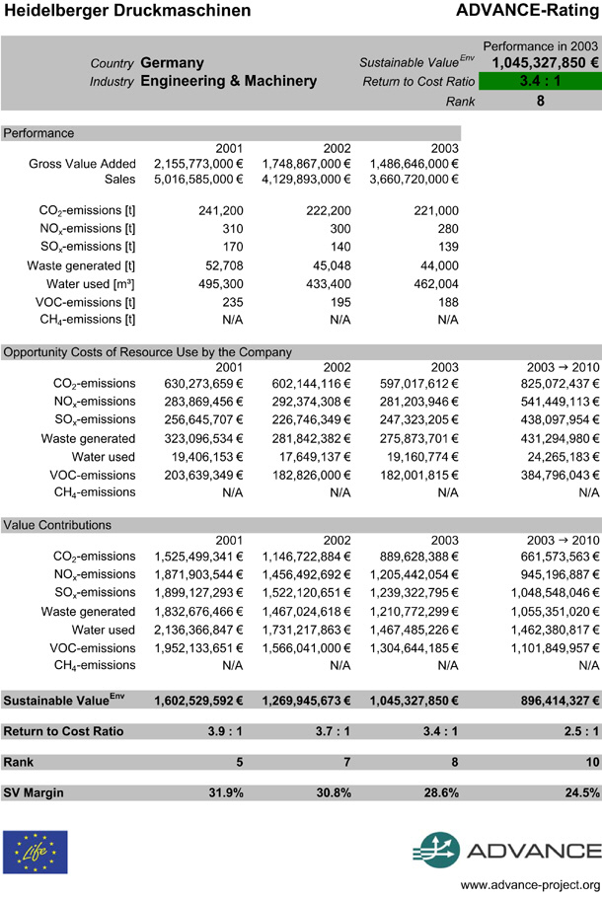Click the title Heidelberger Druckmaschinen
pyautogui.click(x=126, y=11)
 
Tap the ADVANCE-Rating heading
pyautogui.click(x=529, y=11)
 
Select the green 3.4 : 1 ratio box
pyautogui.click(x=540, y=81)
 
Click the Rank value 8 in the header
pyautogui.click(x=540, y=100)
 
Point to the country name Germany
pyautogui.click(x=173, y=62)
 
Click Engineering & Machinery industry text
pyautogui.click(x=229, y=81)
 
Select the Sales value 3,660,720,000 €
pyautogui.click(x=414, y=180)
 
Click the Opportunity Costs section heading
pyautogui.click(x=148, y=351)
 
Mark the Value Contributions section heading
pyautogui.click(x=57, y=525)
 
